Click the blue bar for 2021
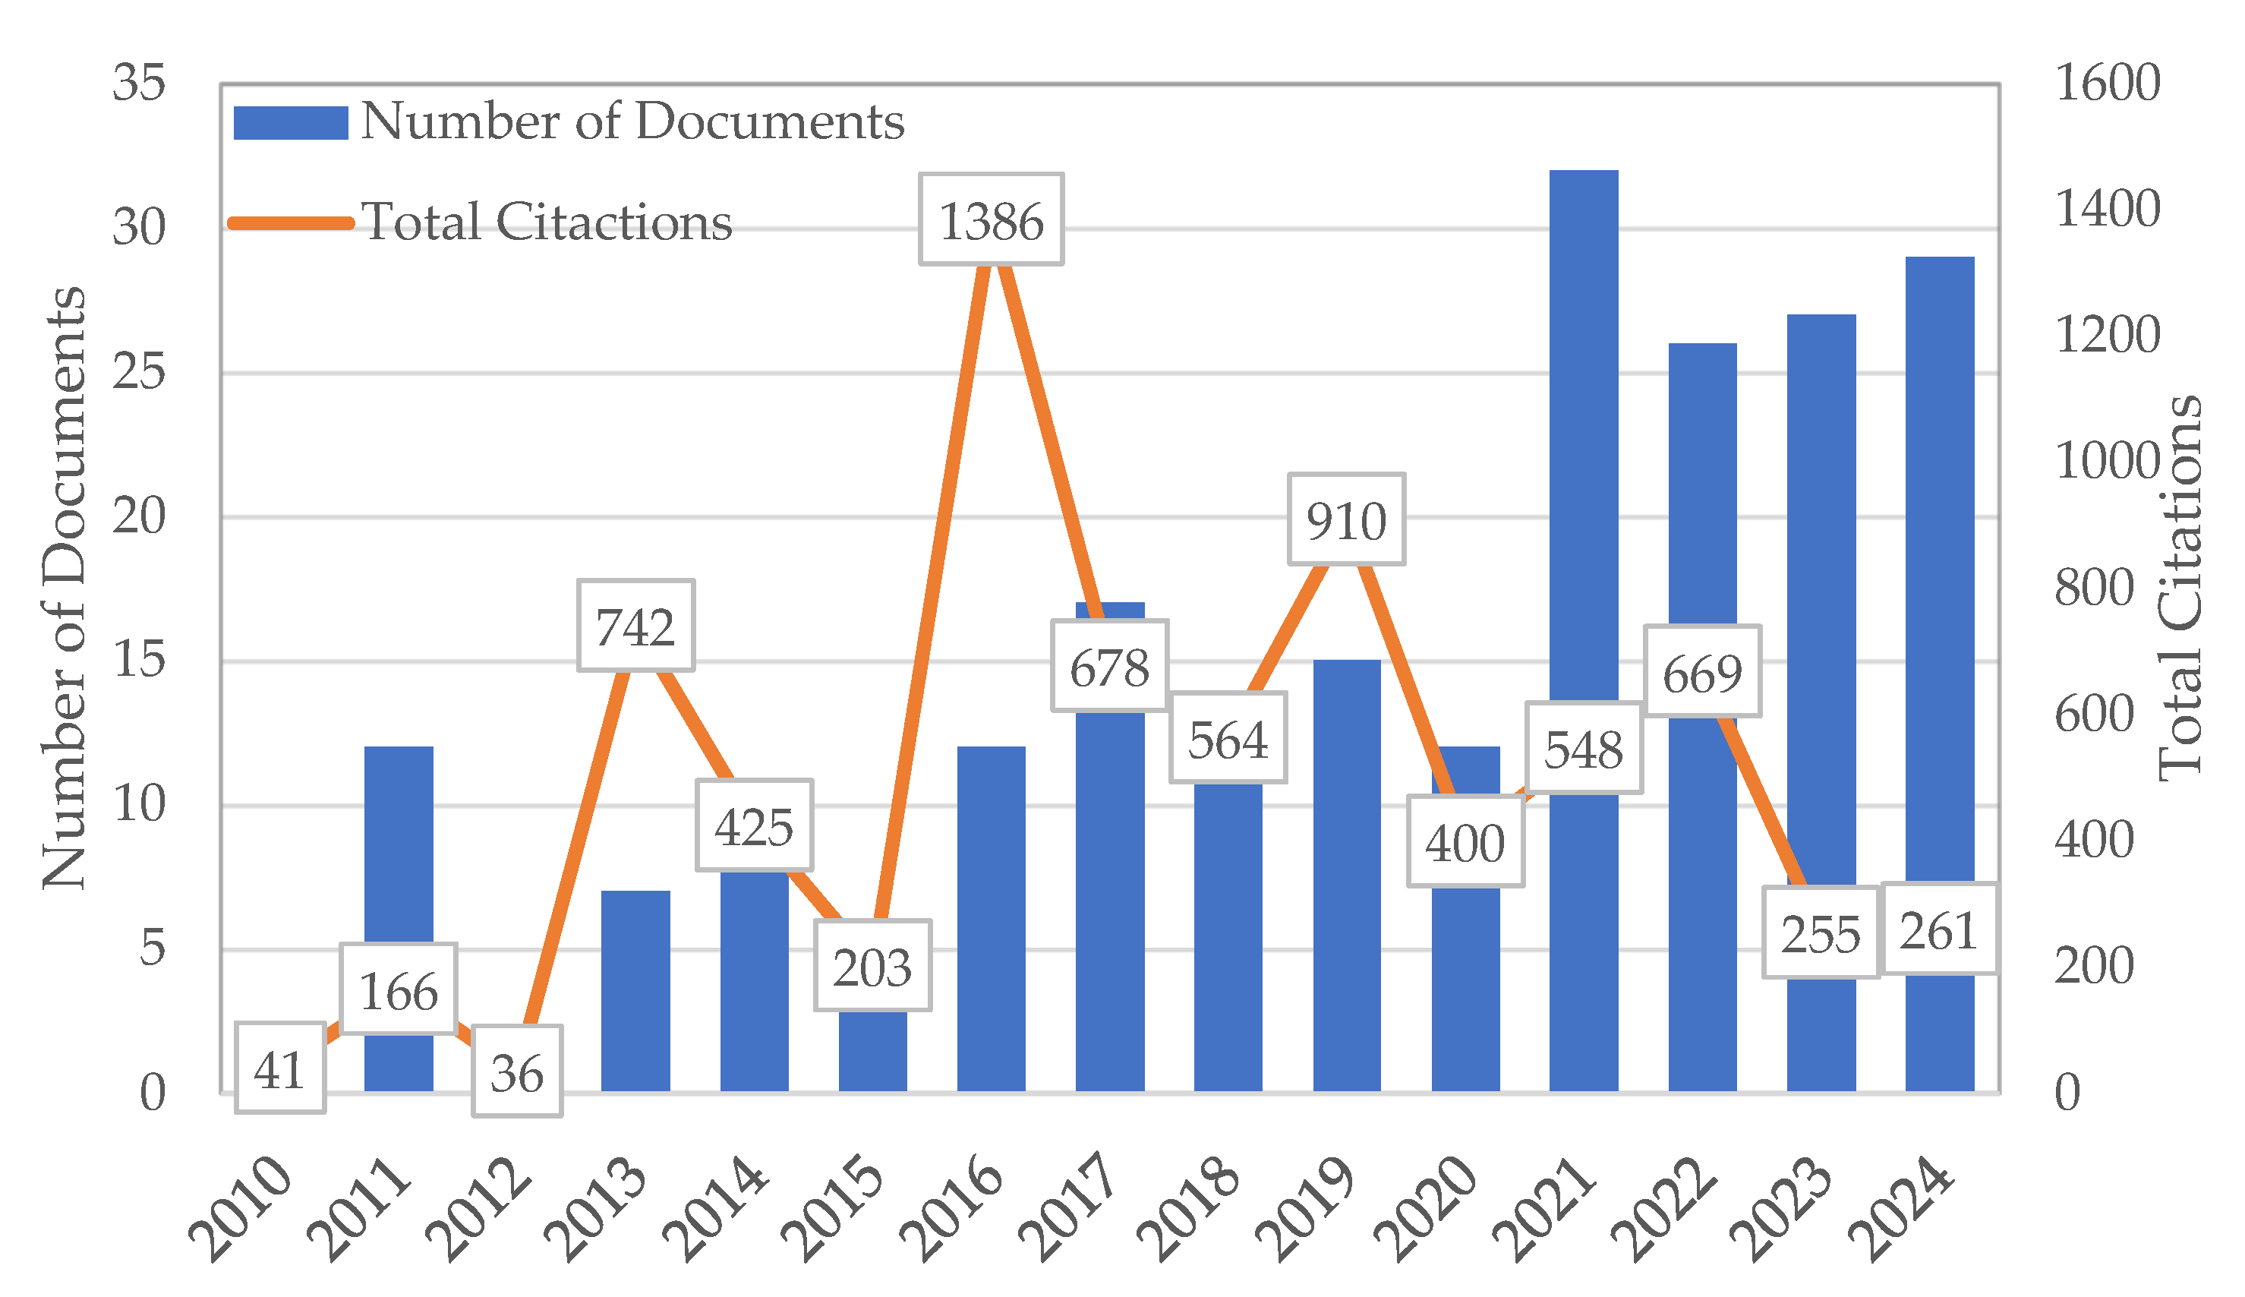[1584, 428]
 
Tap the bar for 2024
[1939, 570]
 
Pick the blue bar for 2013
[635, 989]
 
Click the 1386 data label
[990, 220]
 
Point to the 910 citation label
[1345, 520]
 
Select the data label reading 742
[635, 626]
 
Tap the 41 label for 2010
[279, 1069]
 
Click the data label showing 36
[516, 1071]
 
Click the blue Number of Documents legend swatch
[290, 123]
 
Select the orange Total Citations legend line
[290, 222]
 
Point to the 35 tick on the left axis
[139, 83]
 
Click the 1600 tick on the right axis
[2106, 83]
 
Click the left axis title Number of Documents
[64, 588]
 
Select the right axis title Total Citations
[2180, 588]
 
